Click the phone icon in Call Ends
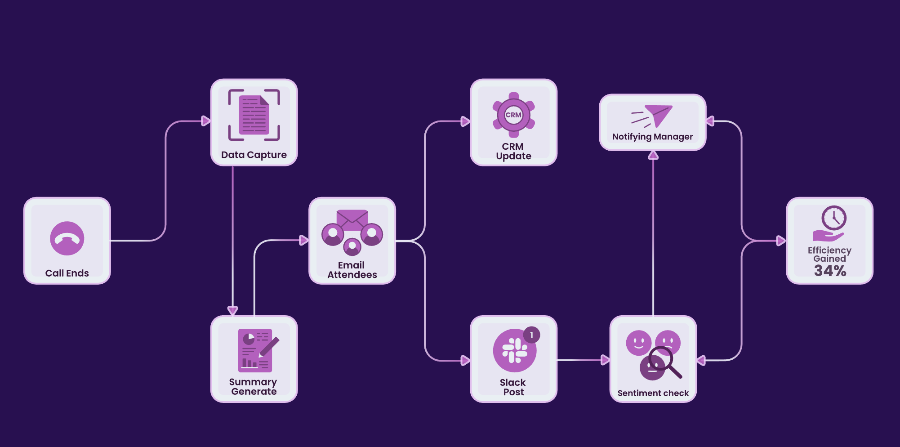pos(67,238)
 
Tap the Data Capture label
pos(254,155)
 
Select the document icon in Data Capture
pos(254,115)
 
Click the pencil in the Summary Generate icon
pos(269,347)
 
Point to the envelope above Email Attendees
pos(352,219)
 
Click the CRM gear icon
pos(513,115)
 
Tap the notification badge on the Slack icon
pos(531,335)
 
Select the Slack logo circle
pos(514,351)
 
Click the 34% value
pos(830,271)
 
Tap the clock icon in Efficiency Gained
pos(834,218)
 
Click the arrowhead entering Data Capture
pos(206,121)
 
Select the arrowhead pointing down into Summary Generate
pos(232,310)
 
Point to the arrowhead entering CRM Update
pos(465,121)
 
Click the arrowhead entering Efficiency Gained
pos(781,241)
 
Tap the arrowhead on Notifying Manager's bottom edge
pos(653,156)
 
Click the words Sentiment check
pos(653,393)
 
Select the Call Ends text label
pos(67,273)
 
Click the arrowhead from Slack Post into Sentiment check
pos(605,360)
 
